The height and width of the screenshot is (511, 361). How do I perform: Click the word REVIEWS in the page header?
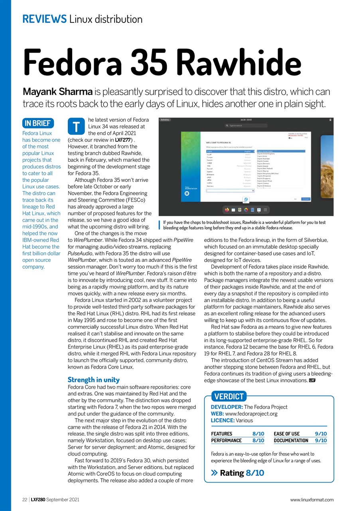[x=44, y=19]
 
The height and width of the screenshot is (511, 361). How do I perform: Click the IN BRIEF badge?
[x=38, y=123]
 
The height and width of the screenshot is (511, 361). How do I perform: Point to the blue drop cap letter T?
[x=77, y=126]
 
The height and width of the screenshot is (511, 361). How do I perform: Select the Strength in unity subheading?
[x=93, y=380]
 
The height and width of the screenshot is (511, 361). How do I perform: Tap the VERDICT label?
[x=229, y=396]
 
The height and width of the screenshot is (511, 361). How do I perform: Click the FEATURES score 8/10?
[x=258, y=434]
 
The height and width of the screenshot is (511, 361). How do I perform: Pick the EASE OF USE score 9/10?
[x=321, y=434]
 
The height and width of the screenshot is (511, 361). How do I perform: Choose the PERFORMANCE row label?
[x=226, y=440]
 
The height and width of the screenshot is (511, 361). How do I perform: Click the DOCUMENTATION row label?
[x=291, y=440]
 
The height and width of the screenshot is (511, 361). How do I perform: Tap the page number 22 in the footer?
[x=24, y=499]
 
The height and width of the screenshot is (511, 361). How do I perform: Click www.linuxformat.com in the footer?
[x=312, y=499]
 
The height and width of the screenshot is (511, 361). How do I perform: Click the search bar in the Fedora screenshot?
[x=245, y=126]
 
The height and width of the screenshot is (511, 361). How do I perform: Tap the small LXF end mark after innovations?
[x=312, y=380]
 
